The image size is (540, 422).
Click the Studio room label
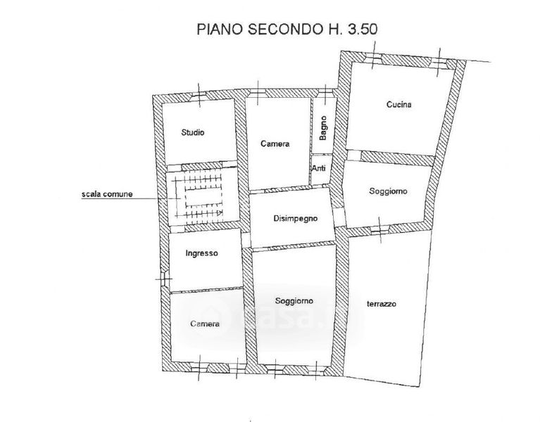click(193, 132)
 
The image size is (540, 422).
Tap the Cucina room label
click(398, 104)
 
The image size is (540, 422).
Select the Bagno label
click(323, 128)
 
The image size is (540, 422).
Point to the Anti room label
click(318, 169)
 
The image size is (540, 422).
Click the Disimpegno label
click(296, 219)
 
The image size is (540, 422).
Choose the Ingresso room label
click(202, 253)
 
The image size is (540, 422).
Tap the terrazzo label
click(382, 304)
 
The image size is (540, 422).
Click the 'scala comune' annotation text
click(107, 194)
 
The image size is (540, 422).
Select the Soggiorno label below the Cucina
click(388, 191)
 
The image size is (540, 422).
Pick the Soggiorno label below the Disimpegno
click(294, 301)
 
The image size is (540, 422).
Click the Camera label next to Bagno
click(275, 143)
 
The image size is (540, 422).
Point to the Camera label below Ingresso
click(205, 324)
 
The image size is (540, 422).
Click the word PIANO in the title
click(220, 29)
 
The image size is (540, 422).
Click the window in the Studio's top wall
click(199, 97)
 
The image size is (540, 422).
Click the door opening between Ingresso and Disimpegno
click(246, 239)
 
